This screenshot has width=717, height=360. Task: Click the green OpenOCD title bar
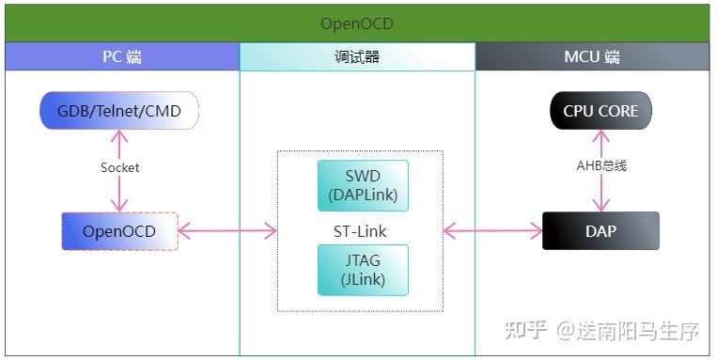pos(357,23)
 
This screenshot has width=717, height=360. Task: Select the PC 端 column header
pos(122,56)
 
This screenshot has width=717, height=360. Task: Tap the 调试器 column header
pos(357,56)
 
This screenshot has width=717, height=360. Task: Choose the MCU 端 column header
pos(592,56)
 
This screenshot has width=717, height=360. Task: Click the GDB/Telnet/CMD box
pos(119,111)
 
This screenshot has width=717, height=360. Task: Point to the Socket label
pos(119,167)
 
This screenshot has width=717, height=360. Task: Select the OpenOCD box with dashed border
pos(118,230)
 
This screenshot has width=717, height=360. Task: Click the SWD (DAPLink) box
pos(363,185)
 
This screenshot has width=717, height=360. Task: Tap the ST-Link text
pos(360,231)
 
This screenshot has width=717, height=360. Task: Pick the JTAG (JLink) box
pos(363,270)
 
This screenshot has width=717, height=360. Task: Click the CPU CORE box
pos(600,111)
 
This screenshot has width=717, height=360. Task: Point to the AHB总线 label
pos(601,165)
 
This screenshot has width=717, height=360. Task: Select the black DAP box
pos(600,230)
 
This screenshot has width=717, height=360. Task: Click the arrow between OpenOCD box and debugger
pos(226,230)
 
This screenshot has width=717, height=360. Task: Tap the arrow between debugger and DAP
pos(493,230)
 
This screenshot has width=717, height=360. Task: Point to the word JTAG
pos(363,260)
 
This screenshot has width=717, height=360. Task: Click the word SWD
pos(363,176)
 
